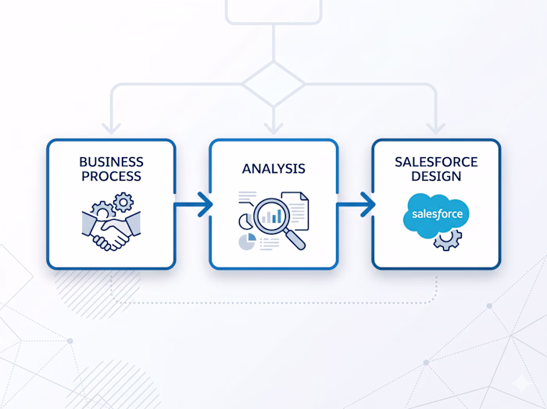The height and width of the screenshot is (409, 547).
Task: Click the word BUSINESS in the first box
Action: point(111,162)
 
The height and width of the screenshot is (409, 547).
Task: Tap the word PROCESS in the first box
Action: point(111,176)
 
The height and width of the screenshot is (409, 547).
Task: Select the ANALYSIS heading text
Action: point(273,169)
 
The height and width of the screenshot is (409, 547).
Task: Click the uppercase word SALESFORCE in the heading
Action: point(436,162)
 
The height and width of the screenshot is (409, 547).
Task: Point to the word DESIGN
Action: point(436,176)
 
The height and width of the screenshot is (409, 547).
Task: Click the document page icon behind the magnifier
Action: point(296,208)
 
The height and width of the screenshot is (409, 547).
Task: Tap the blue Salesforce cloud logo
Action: point(435,213)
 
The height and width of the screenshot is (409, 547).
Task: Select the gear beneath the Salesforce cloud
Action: point(448,239)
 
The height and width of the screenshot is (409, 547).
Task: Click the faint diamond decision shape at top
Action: point(273,83)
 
